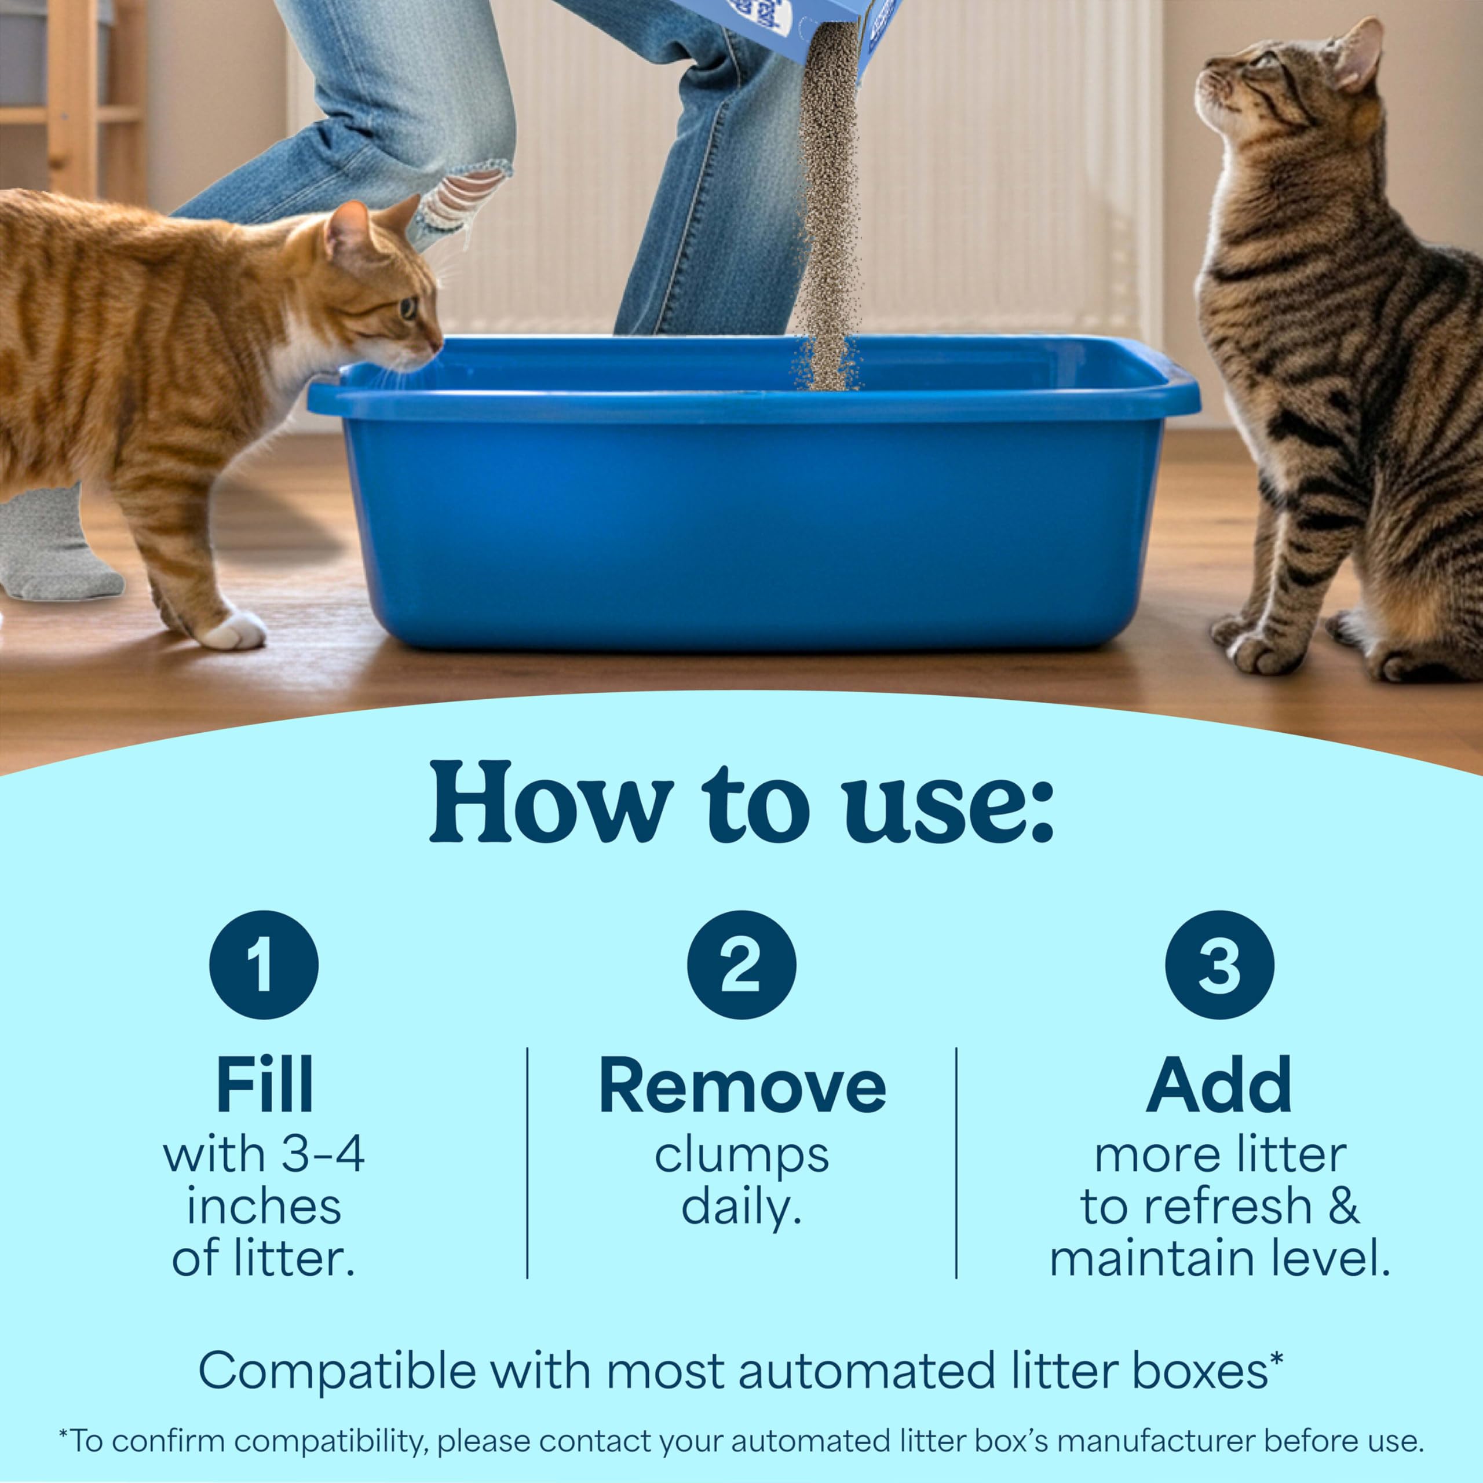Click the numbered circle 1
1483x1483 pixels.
(263, 965)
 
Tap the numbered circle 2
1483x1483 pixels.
(741, 965)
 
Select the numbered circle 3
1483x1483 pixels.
(1219, 965)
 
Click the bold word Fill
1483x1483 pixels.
(264, 1086)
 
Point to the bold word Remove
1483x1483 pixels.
(741, 1086)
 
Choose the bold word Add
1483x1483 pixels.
(1219, 1086)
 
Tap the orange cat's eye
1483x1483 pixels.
(408, 308)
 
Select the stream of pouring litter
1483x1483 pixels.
(827, 207)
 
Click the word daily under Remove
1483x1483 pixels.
(741, 1207)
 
